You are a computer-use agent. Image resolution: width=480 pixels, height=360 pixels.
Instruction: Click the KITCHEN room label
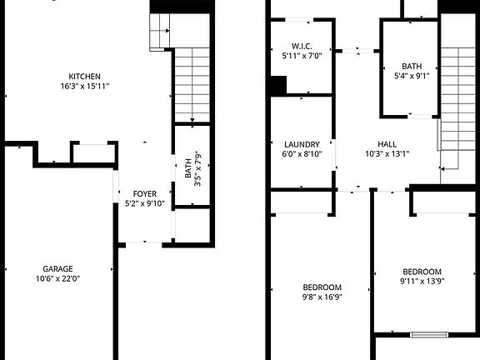[x=84, y=74]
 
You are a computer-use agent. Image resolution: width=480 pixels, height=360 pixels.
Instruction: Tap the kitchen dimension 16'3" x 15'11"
[x=84, y=85]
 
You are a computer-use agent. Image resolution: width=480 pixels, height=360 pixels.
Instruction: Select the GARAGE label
[x=57, y=268]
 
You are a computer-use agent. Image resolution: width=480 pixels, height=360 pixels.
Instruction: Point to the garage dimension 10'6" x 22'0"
[x=57, y=278]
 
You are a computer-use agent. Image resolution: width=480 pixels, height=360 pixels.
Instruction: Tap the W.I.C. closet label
[x=301, y=46]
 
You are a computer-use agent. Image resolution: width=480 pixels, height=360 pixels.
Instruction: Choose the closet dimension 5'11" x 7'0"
[x=301, y=56]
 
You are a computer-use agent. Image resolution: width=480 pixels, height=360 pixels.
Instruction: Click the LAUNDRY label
[x=301, y=144]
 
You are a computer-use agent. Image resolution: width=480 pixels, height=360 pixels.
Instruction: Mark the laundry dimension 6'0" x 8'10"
[x=301, y=154]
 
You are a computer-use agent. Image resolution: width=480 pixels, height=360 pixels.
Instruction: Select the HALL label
[x=387, y=143]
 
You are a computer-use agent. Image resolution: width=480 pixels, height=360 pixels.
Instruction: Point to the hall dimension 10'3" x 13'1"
[x=387, y=153]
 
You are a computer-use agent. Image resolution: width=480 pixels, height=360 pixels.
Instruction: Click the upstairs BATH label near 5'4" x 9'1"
[x=412, y=67]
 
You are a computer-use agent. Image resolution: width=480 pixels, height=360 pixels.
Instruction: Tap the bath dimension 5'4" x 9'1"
[x=412, y=77]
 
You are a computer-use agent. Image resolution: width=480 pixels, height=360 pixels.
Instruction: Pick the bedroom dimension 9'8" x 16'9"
[x=322, y=297]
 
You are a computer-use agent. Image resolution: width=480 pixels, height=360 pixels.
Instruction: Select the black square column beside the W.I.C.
[x=278, y=85]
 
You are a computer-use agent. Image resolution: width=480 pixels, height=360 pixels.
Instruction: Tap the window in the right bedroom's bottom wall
[x=429, y=335]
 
